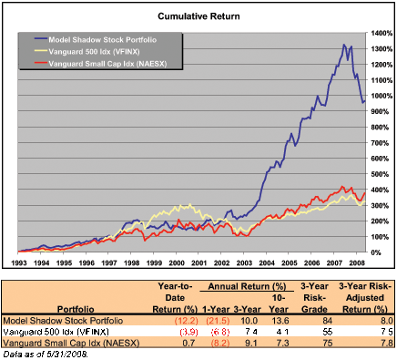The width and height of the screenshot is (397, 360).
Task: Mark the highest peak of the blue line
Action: point(344,44)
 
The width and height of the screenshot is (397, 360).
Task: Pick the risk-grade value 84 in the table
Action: point(321,318)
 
